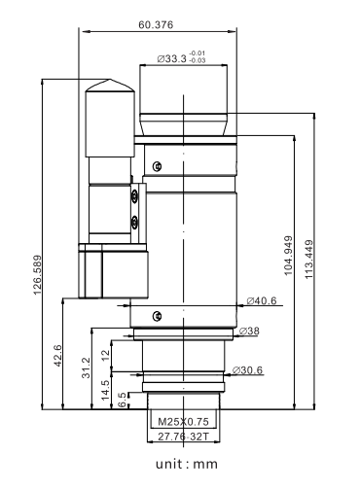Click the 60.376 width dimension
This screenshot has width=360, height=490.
click(x=156, y=25)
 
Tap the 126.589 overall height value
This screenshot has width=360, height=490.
click(x=38, y=275)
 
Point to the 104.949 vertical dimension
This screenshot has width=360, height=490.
click(x=288, y=256)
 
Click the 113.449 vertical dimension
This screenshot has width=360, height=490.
click(x=308, y=260)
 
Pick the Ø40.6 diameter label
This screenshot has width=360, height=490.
click(x=262, y=300)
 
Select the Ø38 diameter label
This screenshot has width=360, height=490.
click(x=249, y=331)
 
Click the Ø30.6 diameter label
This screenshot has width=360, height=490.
click(x=248, y=370)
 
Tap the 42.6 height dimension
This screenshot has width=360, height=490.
click(x=57, y=356)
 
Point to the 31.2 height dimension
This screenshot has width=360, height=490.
click(x=86, y=367)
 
